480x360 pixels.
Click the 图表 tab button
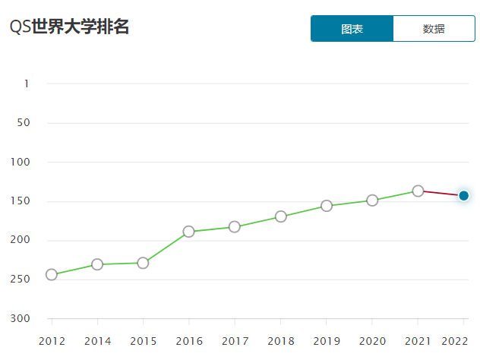pos(352,29)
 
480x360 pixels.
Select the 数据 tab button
pos(434,29)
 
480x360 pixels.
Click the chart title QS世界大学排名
pos(69,27)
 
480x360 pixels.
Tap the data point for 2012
pos(52,274)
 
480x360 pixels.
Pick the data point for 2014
pos(97,264)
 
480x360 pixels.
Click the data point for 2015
pos(143,263)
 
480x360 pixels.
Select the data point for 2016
pos(188,232)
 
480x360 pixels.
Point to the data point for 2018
pos(281,216)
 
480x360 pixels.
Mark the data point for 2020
pos(372,201)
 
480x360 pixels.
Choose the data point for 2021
pos(418,191)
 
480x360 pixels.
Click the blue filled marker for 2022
pos(464,196)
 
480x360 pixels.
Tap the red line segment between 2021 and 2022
pos(441,193)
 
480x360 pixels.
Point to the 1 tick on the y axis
pos(26,83)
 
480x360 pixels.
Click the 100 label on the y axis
pos(21,162)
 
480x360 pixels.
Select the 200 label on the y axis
pos(21,240)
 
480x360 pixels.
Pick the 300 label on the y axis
pos(21,318)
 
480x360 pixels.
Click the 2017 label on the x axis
pos(235,341)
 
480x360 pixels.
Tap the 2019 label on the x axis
pos(327,341)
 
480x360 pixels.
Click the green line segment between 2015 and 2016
pos(166,247)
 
